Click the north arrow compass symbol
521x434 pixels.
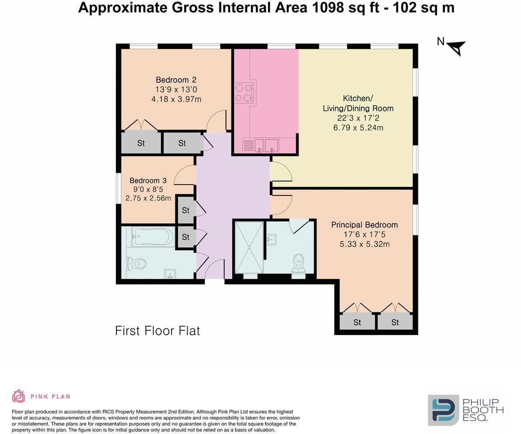click(456, 47)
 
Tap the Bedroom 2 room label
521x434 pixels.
click(176, 80)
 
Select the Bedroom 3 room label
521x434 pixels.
click(148, 180)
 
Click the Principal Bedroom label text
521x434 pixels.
click(364, 225)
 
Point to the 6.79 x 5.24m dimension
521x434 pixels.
click(358, 128)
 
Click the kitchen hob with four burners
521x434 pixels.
click(244, 93)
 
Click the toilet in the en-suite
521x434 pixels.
click(299, 261)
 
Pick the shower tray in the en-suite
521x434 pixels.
click(249, 247)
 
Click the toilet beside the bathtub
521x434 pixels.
click(136, 264)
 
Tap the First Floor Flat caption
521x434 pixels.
click(157, 330)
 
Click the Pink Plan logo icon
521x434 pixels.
click(19, 396)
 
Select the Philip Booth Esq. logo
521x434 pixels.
click(466, 410)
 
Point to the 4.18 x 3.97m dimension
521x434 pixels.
click(176, 99)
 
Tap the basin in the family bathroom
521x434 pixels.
click(170, 274)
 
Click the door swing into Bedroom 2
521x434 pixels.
click(217, 120)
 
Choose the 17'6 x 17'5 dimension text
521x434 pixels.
click(364, 234)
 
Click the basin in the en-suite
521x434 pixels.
click(272, 239)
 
